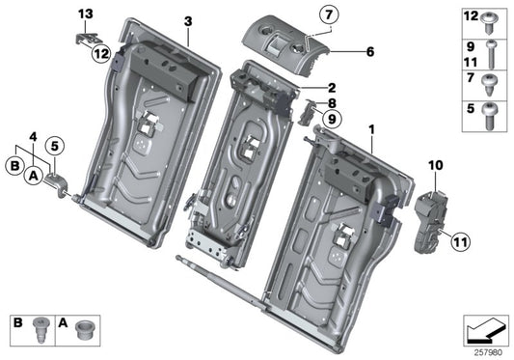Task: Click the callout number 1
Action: coord(372,127)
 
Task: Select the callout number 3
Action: coord(188,20)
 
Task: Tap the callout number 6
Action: coord(343,55)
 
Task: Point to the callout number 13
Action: coord(86,13)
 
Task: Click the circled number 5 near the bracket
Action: coord(56,147)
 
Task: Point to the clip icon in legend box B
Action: coord(41,325)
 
